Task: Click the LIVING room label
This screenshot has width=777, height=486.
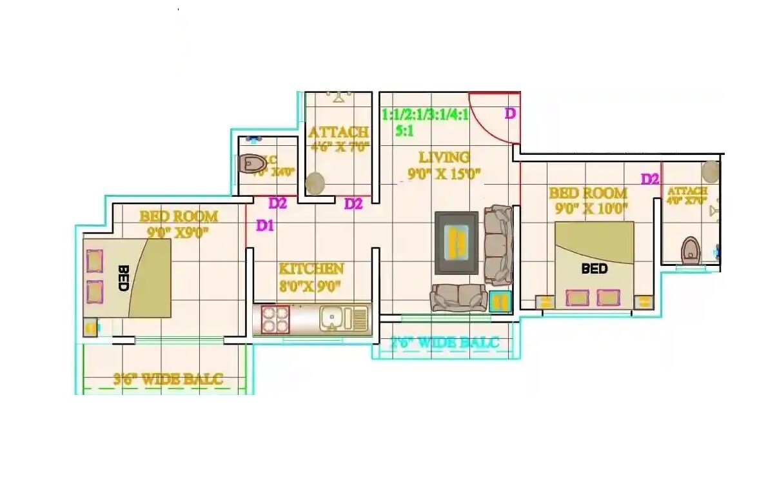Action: click(444, 157)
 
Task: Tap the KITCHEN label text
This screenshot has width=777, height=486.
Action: click(311, 268)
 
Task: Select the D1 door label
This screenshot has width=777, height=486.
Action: click(265, 226)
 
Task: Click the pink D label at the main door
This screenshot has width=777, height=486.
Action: click(510, 114)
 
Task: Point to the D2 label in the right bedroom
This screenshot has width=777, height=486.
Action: click(649, 179)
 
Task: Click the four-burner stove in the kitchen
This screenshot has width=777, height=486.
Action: click(276, 319)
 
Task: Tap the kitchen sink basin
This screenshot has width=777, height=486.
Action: click(331, 318)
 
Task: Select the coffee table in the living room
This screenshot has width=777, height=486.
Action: click(457, 242)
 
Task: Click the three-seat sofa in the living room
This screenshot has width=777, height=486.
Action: click(498, 245)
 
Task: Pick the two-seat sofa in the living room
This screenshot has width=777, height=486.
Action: click(459, 298)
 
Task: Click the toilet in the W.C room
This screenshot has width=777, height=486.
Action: click(251, 164)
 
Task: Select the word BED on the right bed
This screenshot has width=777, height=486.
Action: click(594, 268)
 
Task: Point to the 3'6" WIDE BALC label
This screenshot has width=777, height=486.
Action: click(168, 379)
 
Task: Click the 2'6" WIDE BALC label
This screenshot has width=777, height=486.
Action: click(445, 342)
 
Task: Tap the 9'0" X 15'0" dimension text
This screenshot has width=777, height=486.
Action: click(444, 173)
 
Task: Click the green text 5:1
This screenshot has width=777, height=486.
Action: click(404, 130)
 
